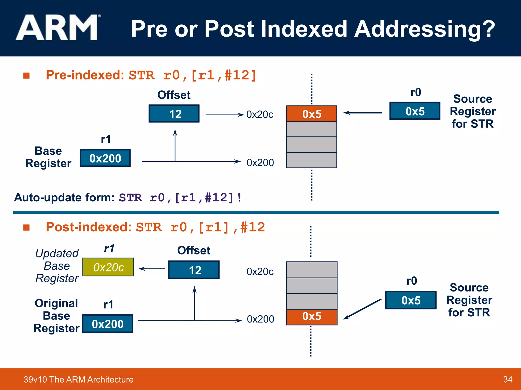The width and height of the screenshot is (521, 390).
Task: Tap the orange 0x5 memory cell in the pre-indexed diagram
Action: (x=311, y=114)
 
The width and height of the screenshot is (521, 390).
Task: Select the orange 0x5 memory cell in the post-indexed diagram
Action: (x=311, y=317)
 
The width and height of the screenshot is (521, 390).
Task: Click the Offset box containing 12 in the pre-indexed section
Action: (x=174, y=114)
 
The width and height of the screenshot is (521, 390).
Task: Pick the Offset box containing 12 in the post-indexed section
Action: (x=194, y=270)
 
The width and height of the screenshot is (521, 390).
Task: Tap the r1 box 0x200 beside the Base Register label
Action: (x=105, y=158)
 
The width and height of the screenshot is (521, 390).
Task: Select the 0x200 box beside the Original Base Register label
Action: (x=108, y=324)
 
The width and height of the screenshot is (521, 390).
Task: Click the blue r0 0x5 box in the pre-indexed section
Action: (x=415, y=111)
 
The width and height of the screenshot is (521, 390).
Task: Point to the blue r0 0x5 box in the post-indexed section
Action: (x=411, y=300)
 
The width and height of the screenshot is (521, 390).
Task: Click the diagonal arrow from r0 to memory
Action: (x=362, y=309)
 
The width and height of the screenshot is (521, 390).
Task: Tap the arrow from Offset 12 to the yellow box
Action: (x=152, y=269)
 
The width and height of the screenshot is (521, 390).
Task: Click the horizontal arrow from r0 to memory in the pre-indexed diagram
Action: (x=362, y=112)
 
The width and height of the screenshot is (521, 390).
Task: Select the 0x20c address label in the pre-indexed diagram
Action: (x=260, y=115)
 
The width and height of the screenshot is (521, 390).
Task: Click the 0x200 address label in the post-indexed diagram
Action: (x=260, y=319)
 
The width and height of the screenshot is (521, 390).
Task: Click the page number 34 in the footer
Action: (x=508, y=379)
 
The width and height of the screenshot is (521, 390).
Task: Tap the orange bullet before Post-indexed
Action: (x=26, y=227)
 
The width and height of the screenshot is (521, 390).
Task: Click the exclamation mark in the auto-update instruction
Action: (x=239, y=198)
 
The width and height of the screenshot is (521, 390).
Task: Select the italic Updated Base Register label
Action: (x=57, y=266)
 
